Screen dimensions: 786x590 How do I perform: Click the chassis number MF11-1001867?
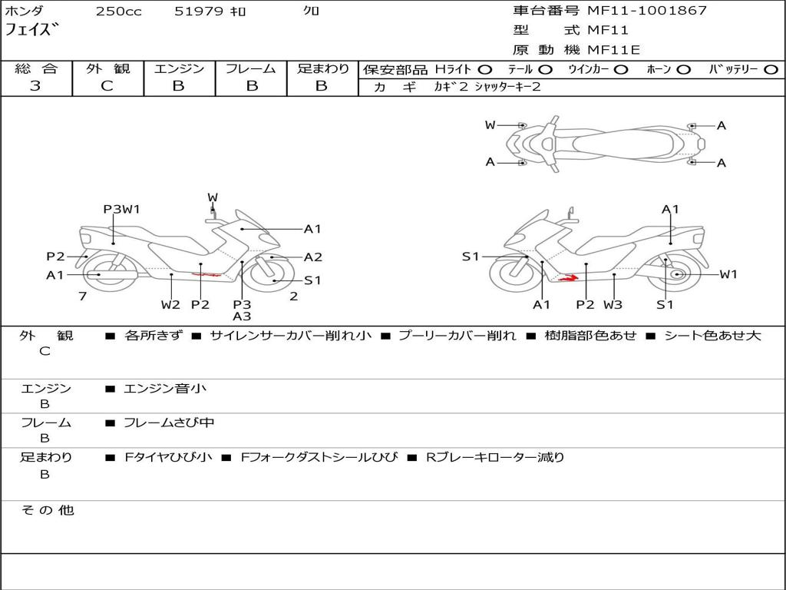click(x=647, y=10)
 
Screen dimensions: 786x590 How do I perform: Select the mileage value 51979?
click(x=199, y=11)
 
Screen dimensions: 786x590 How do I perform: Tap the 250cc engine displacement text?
click(x=119, y=11)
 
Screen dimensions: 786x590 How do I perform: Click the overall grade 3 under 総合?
click(x=35, y=85)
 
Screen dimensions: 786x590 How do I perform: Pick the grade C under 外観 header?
click(x=107, y=85)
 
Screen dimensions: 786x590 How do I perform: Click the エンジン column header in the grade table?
click(x=179, y=68)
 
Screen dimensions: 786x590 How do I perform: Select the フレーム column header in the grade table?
click(x=251, y=68)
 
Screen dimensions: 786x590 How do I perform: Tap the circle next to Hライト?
click(x=485, y=70)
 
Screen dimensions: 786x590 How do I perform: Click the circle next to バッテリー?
click(x=771, y=70)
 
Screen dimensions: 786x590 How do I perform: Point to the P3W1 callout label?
click(x=121, y=209)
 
